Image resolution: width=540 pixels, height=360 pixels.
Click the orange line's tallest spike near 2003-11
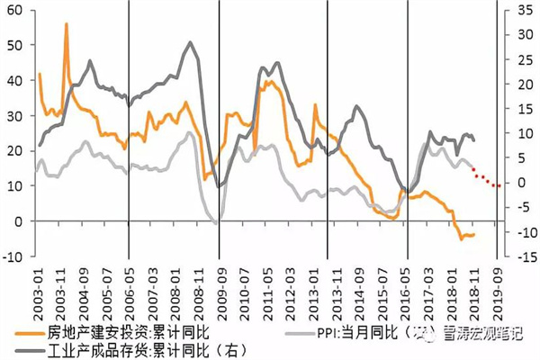(x=67, y=24)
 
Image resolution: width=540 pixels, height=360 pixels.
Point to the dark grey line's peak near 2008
(x=190, y=42)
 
